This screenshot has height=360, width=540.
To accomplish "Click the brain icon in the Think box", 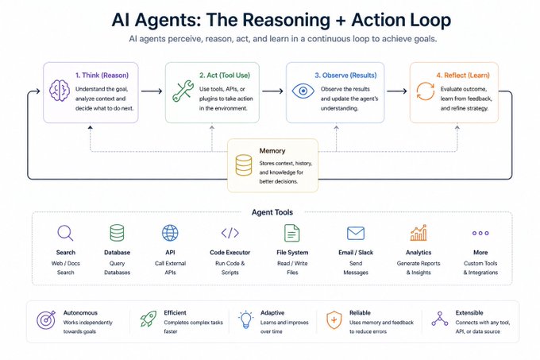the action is pos(60,91).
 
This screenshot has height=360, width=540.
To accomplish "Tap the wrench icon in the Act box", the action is pos(183,91).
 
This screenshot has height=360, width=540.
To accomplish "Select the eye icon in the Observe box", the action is pos(303,91).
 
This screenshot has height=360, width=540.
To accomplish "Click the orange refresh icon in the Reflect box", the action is pos(426,91).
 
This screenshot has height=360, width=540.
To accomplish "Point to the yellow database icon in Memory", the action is pos(244,165).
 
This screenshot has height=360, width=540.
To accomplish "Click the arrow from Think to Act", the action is pos(152,91).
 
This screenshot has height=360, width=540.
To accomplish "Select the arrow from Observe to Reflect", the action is pos(397,91).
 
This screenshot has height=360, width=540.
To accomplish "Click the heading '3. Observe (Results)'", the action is pos(345,75).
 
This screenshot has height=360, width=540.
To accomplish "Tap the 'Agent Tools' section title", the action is pos(272,212).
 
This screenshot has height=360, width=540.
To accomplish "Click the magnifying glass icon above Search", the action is pos(65,233).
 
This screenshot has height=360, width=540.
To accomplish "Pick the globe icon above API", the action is pos(170,233).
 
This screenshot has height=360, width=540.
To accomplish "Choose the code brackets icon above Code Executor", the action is pos(230,233).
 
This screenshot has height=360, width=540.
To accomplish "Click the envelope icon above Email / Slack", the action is pos(356,233).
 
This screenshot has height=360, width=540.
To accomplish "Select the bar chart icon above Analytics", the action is pos(418,233).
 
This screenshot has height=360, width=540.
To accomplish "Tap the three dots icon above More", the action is pos(480,233).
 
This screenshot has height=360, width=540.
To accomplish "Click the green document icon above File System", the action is pos(292,233).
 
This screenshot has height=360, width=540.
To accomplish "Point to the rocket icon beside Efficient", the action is pos(148,319).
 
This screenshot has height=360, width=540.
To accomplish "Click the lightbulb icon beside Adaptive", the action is pos(245,319).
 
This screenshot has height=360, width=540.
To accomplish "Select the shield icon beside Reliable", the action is pos(334,319).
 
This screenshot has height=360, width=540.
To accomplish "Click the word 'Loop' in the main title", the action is pos(429,20).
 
